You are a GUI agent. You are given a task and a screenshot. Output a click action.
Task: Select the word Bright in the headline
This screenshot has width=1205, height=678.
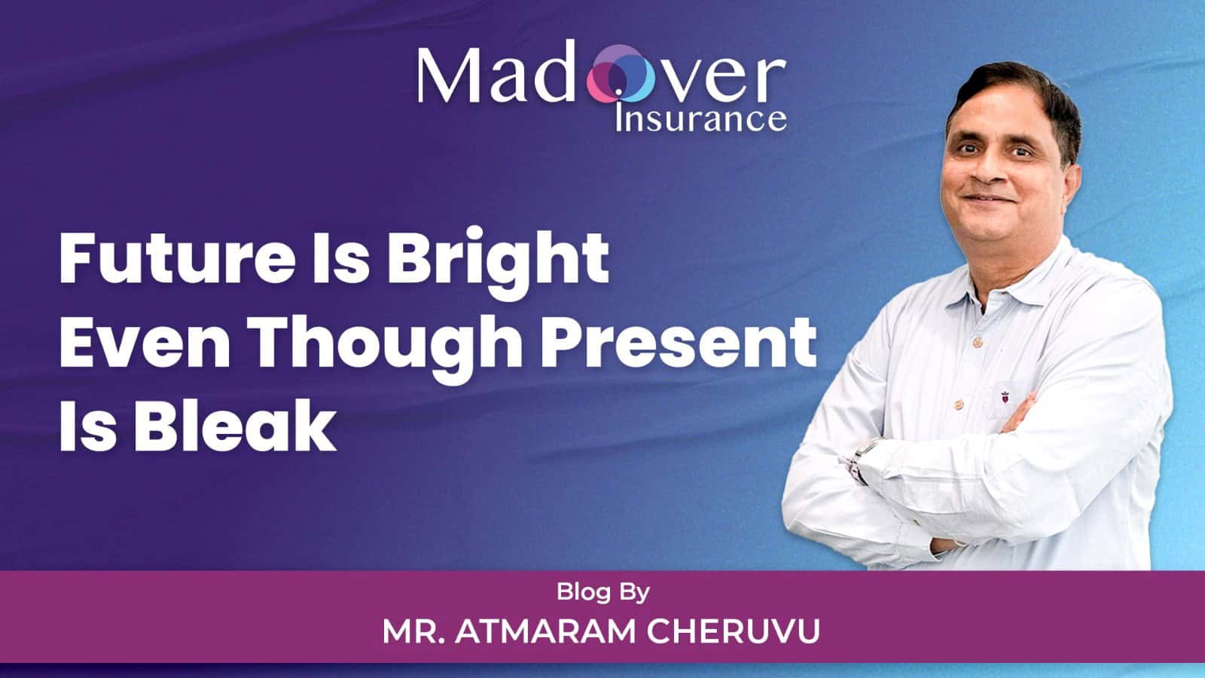tap(498, 263)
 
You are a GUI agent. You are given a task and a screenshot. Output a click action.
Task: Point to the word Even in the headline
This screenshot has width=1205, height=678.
tap(145, 344)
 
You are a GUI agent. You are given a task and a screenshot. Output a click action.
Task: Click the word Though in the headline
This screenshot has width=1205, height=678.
tap(385, 349)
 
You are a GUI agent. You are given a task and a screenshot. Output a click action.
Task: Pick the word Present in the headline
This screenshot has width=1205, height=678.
tap(678, 344)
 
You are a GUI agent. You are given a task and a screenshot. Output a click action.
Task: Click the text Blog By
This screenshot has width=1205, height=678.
tap(603, 592)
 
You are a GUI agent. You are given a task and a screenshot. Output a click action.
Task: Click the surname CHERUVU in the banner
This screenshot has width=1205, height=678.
tap(734, 632)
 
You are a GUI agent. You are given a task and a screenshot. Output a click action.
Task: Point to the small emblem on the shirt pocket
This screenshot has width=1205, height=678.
tap(1005, 397)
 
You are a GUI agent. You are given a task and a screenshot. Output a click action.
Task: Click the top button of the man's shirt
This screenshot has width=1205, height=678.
tap(978, 342)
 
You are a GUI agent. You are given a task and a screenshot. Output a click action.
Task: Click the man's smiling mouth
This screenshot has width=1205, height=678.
tap(990, 199)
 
